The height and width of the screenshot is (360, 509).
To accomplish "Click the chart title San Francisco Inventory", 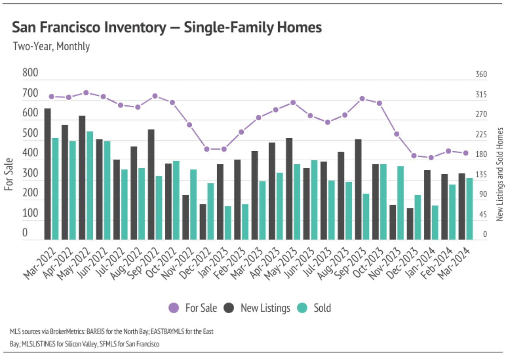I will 167,27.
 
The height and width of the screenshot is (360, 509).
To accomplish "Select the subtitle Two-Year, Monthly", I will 51,47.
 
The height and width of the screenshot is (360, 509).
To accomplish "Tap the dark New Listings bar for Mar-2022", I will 47,174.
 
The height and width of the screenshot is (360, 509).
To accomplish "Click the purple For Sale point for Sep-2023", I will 362,99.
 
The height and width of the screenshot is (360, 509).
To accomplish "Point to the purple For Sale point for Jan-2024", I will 431,158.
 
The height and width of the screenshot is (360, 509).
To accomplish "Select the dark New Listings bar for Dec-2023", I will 410,224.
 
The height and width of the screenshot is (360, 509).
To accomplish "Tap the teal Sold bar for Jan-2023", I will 228,223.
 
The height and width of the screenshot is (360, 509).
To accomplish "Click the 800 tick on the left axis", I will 30,73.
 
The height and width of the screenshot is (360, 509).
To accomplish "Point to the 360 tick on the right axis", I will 481,74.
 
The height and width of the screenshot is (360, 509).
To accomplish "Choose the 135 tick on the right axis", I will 481,175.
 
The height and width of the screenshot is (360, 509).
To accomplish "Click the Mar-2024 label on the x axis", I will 454,263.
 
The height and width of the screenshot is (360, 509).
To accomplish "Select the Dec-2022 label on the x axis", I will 196,263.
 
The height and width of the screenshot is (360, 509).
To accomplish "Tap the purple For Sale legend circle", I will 174,308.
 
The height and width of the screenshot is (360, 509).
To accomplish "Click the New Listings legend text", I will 265,308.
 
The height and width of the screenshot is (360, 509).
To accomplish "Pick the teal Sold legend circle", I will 302,308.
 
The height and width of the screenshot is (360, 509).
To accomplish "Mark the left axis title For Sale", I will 9,174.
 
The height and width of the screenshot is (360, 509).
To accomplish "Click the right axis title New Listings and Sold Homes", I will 500,174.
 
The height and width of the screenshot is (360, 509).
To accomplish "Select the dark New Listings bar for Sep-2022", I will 151,184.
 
